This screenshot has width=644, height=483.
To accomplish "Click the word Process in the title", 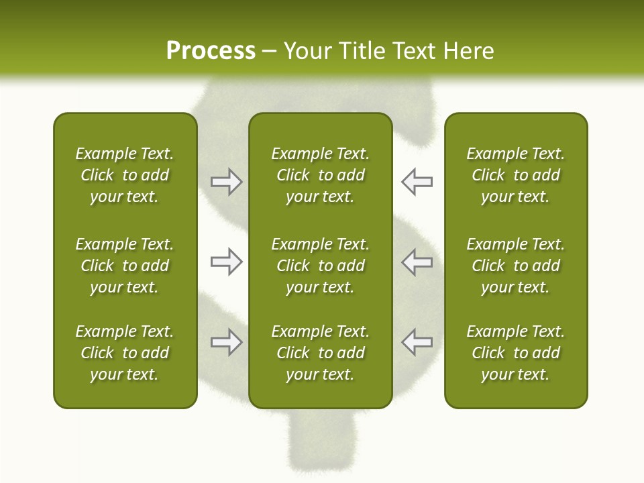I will [x=211, y=51].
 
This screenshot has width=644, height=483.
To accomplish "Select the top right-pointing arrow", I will [x=226, y=182].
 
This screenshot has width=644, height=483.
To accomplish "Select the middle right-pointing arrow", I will [x=226, y=262].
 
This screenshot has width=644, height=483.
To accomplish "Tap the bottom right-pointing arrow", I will [x=226, y=342].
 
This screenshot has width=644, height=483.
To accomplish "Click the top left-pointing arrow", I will [x=417, y=182].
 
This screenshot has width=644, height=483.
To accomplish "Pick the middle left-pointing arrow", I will [x=417, y=262].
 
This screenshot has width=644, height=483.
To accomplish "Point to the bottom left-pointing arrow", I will [x=417, y=342].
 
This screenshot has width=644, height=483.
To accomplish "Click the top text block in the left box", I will [x=125, y=175].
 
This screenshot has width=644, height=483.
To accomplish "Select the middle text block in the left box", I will [x=125, y=266].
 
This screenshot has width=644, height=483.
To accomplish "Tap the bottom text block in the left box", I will [x=125, y=353].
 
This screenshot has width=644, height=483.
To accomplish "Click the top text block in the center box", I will [x=320, y=175].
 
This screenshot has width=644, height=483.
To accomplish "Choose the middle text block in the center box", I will [x=320, y=266].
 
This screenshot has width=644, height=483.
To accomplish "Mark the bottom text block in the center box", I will [x=320, y=353].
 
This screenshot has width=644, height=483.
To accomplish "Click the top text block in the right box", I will [x=515, y=175].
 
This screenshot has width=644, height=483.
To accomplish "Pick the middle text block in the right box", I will [x=515, y=266].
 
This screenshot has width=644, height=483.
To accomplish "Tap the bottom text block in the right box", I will [x=515, y=353].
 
